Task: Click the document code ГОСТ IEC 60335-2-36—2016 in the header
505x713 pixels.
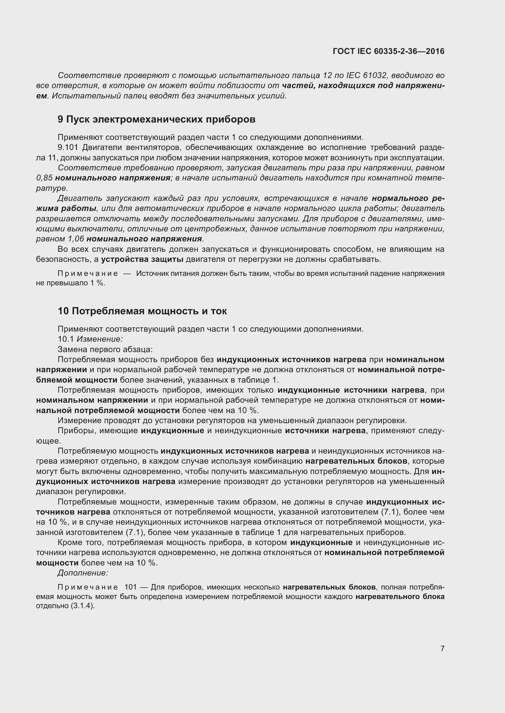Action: (x=388, y=51)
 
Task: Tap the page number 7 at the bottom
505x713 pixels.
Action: (x=442, y=648)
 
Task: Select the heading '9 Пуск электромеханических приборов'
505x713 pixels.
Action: (x=156, y=119)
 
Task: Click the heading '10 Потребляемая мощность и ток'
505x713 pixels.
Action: (x=142, y=311)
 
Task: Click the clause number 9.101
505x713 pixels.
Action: (x=68, y=147)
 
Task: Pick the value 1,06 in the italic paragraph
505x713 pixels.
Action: (x=75, y=239)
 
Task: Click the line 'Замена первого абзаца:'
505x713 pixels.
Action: (x=105, y=349)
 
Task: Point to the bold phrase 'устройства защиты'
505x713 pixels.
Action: (x=142, y=259)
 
